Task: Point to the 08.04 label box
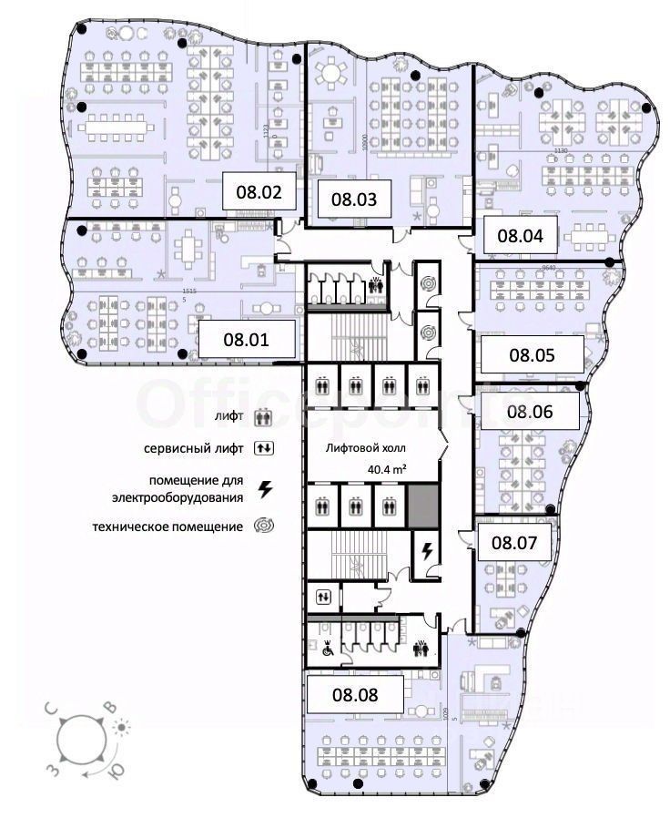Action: pyautogui.click(x=520, y=235)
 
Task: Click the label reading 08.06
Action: pyautogui.click(x=530, y=411)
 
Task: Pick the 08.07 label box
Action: pyautogui.click(x=514, y=544)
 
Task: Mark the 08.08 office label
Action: pyautogui.click(x=353, y=694)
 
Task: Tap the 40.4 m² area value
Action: pyautogui.click(x=386, y=469)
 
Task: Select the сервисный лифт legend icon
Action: pyautogui.click(x=265, y=448)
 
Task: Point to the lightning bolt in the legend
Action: pyautogui.click(x=265, y=489)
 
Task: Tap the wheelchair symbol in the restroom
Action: pyautogui.click(x=328, y=649)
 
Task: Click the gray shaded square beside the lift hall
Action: pyautogui.click(x=420, y=505)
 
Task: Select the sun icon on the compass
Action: pyautogui.click(x=120, y=727)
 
